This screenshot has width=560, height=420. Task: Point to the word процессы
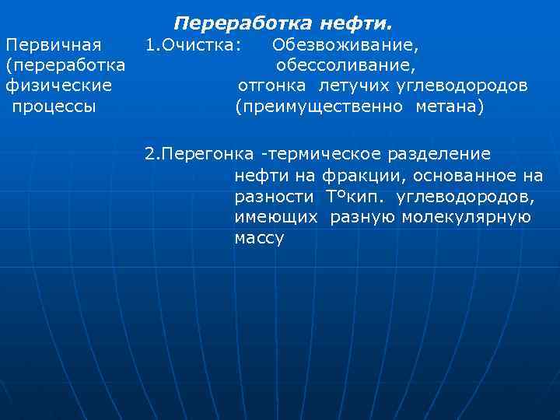(x=54, y=105)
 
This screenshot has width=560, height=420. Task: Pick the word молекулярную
(x=466, y=217)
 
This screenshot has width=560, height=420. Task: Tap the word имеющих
(x=275, y=217)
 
